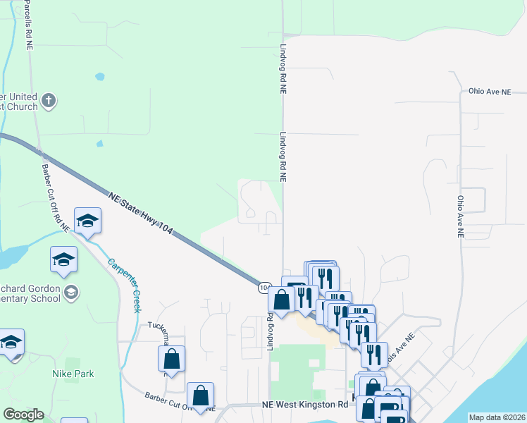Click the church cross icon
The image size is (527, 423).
[49, 100]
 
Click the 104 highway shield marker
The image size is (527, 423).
[263, 288]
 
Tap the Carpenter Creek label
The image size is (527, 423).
[124, 285]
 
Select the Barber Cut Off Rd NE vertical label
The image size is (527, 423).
[54, 198]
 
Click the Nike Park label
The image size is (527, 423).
[73, 374]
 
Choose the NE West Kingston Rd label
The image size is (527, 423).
[304, 405]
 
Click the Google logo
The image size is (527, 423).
[23, 415]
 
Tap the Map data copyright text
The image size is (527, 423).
[497, 417]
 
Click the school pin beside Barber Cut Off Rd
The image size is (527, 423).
[88, 222]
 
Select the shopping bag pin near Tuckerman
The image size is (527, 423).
[171, 359]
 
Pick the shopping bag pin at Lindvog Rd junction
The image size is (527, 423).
[281, 300]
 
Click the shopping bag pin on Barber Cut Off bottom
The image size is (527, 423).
[201, 397]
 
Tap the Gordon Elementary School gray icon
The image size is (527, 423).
[70, 292]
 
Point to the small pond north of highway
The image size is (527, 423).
[99, 75]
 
